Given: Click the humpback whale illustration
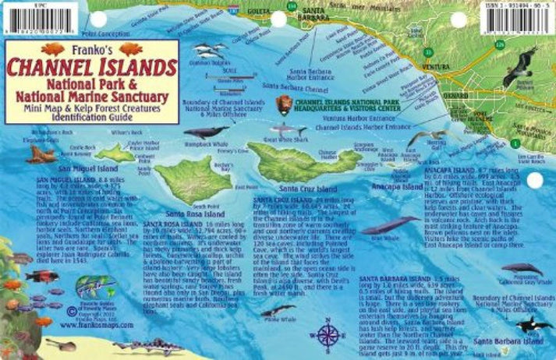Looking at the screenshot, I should (206, 133).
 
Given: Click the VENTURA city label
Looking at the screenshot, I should (434, 68).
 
